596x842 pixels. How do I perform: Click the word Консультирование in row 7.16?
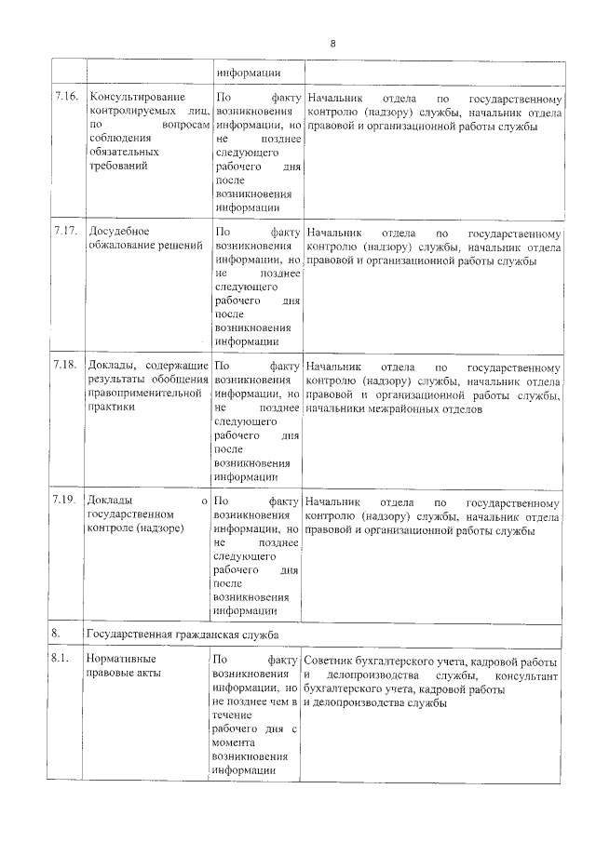click(135, 98)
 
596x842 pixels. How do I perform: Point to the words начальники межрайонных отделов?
click(406, 409)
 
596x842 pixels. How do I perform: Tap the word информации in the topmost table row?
click(248, 74)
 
